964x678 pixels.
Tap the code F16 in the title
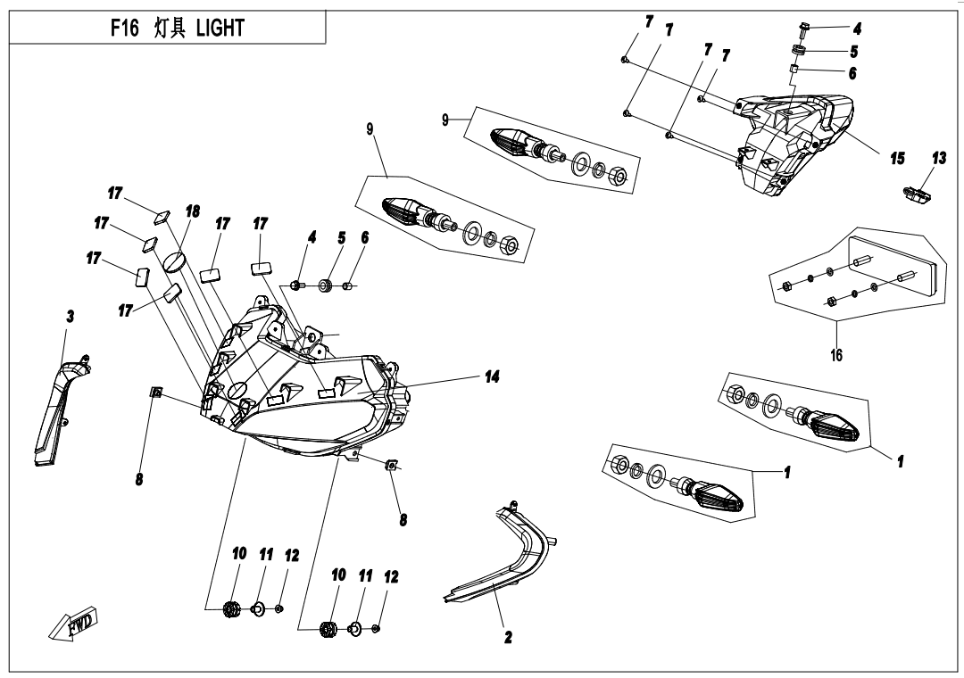click(123, 29)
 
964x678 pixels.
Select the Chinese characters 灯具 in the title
click(169, 29)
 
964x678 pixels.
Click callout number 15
click(897, 158)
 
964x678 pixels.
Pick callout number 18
click(192, 211)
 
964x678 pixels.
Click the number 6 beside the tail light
click(852, 73)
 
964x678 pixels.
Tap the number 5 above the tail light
click(854, 51)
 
